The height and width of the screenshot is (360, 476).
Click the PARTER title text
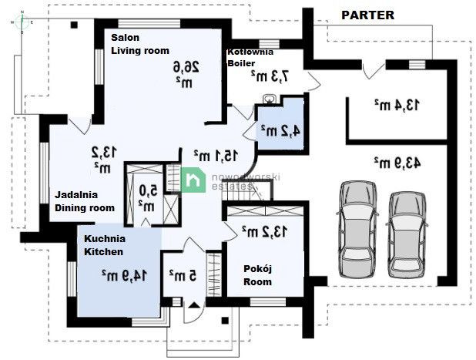(367, 15)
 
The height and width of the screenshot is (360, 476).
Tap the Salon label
(125, 36)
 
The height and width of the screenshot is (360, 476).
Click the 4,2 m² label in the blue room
(278, 130)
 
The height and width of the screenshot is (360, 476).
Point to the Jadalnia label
(75, 194)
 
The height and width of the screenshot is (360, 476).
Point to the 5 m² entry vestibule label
(180, 273)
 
